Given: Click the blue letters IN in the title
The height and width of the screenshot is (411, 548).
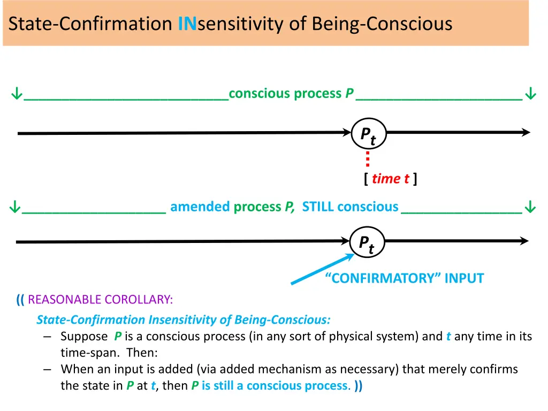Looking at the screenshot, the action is pyautogui.click(x=187, y=24).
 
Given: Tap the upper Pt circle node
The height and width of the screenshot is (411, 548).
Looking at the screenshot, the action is pyautogui.click(x=369, y=134).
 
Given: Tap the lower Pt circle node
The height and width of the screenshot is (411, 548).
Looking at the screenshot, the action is pyautogui.click(x=367, y=242).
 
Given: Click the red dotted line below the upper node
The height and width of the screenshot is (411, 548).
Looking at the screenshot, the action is pyautogui.click(x=368, y=158).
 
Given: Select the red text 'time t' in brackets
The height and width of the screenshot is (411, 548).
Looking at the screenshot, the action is pyautogui.click(x=390, y=179).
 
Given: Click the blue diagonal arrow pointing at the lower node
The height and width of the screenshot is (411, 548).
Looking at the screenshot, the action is pyautogui.click(x=322, y=269).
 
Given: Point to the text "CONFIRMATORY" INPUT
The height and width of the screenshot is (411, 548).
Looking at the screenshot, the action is pyautogui.click(x=405, y=278).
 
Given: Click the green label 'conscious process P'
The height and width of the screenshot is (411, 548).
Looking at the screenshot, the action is pyautogui.click(x=291, y=94).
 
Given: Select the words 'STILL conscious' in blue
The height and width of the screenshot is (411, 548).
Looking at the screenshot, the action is pyautogui.click(x=350, y=207).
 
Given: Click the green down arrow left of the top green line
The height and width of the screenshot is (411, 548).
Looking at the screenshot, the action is pyautogui.click(x=17, y=94).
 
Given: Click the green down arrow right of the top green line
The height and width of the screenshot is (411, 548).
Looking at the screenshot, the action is pyautogui.click(x=530, y=94).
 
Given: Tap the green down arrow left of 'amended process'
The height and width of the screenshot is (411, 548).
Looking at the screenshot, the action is pyautogui.click(x=14, y=207).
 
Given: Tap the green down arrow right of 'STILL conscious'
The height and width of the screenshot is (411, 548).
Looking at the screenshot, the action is pyautogui.click(x=530, y=207).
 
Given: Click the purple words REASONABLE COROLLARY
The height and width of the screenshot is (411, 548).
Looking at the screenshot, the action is pyautogui.click(x=100, y=300).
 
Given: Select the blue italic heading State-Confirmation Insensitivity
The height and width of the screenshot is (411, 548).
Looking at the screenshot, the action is pyautogui.click(x=184, y=320).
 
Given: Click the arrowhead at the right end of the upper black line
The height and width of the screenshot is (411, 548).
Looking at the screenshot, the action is pyautogui.click(x=526, y=133).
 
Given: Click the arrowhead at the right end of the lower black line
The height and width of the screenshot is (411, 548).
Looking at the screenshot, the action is pyautogui.click(x=524, y=241).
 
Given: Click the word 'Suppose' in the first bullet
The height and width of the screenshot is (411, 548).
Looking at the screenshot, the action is pyautogui.click(x=84, y=337).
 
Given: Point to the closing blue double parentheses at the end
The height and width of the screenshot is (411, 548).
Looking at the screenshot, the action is pyautogui.click(x=358, y=385).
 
